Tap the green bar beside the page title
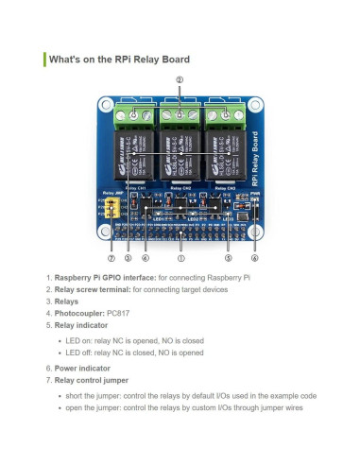click(x=44, y=60)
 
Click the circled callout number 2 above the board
click(x=180, y=79)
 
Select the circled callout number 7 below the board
click(x=111, y=257)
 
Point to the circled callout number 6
click(x=254, y=257)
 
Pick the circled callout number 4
click(x=145, y=257)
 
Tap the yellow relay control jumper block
click(x=113, y=208)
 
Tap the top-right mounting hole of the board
click(x=253, y=103)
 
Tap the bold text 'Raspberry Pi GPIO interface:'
click(x=104, y=277)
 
